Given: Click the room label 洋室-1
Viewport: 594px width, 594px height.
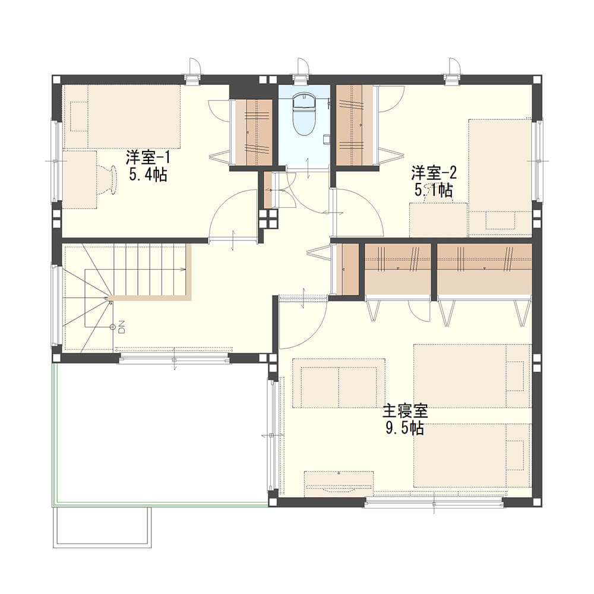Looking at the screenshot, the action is [148, 157].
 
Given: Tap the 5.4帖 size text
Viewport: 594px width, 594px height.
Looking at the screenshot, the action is [148, 175].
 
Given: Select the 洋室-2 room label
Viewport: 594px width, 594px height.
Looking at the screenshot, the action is [434, 173].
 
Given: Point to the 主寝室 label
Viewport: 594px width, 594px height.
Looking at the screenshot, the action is [405, 412].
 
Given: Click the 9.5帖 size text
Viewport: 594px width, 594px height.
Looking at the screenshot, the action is [405, 428].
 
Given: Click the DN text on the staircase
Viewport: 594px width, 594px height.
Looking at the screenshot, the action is [122, 327].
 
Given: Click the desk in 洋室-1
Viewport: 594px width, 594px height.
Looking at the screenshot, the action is [79, 179].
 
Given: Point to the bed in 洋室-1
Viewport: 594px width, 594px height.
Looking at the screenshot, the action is [121, 116].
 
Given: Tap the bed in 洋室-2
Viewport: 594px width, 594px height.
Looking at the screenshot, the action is [500, 178].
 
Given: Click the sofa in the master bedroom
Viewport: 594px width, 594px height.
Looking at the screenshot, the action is [339, 383].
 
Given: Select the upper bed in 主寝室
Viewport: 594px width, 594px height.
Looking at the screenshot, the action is [473, 376].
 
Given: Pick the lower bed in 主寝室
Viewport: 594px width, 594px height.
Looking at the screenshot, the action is [473, 456].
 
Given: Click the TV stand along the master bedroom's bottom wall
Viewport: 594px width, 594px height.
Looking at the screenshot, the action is [339, 484].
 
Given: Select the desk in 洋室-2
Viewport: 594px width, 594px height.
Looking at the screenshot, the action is [439, 220].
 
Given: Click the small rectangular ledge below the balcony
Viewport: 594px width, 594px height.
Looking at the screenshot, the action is [102, 527].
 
